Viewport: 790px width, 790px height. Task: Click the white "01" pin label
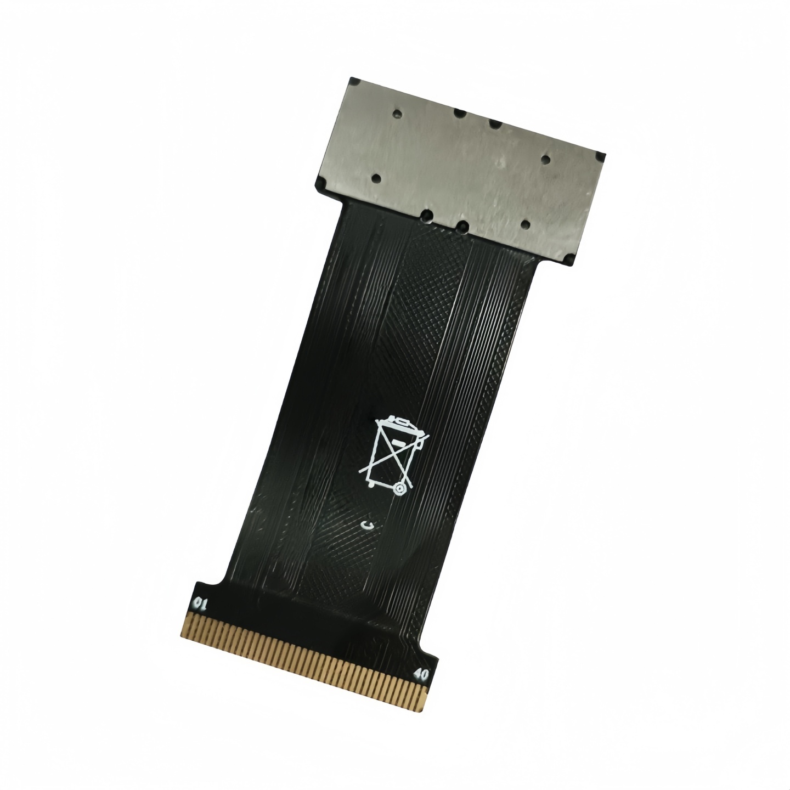point(199,605)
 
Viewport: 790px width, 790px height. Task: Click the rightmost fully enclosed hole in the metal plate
point(545,159)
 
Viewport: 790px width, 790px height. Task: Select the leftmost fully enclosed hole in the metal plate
point(376,179)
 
